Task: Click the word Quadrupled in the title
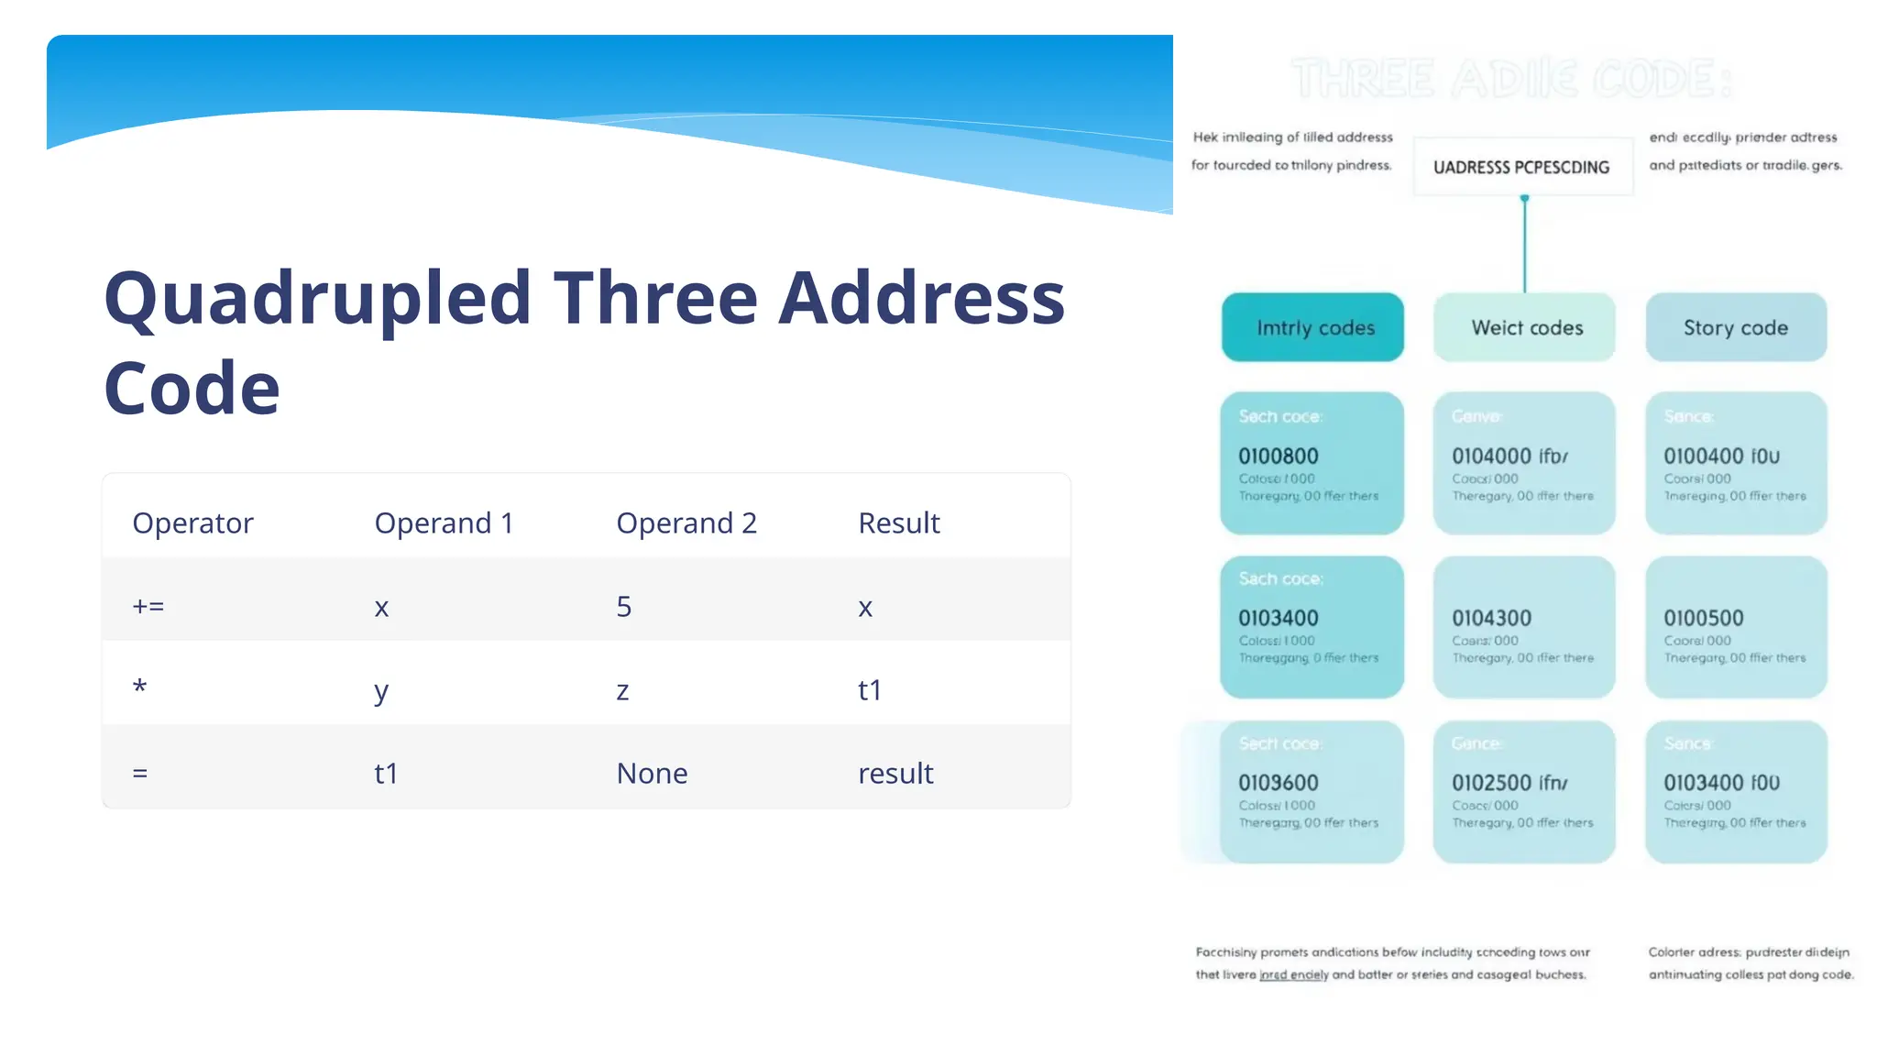click(x=317, y=299)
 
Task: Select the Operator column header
click(x=192, y=522)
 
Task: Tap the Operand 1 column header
click(x=444, y=522)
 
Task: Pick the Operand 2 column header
click(x=686, y=522)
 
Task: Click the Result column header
click(x=899, y=522)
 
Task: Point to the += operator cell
click(x=148, y=607)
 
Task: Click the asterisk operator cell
click(x=139, y=687)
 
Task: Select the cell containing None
click(x=652, y=774)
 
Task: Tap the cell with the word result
click(x=895, y=774)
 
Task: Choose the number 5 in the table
click(x=624, y=607)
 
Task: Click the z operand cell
click(x=622, y=690)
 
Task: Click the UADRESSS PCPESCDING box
click(x=1521, y=167)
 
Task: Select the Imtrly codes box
click(x=1312, y=327)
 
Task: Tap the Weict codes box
click(x=1525, y=327)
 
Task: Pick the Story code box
click(x=1736, y=327)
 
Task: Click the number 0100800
click(x=1279, y=456)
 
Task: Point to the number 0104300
click(x=1491, y=619)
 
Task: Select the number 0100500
click(x=1704, y=619)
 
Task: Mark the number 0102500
click(x=1491, y=783)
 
